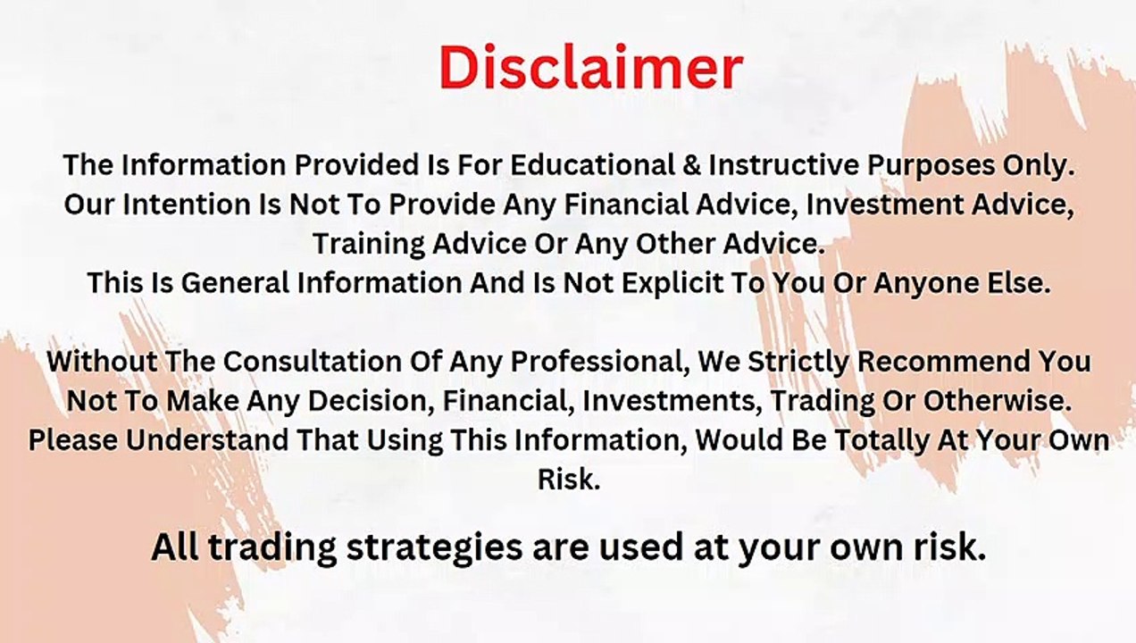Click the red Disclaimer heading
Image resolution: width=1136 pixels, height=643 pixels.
pyautogui.click(x=591, y=68)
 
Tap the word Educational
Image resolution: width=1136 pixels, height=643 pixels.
pyautogui.click(x=593, y=165)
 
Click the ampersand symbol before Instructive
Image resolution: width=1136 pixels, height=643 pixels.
pyautogui.click(x=692, y=165)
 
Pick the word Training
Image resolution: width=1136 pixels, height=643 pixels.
pyautogui.click(x=369, y=246)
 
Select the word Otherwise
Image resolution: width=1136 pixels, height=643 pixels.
pyautogui.click(x=997, y=401)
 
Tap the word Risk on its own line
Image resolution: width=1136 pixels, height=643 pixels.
pyautogui.click(x=569, y=480)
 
